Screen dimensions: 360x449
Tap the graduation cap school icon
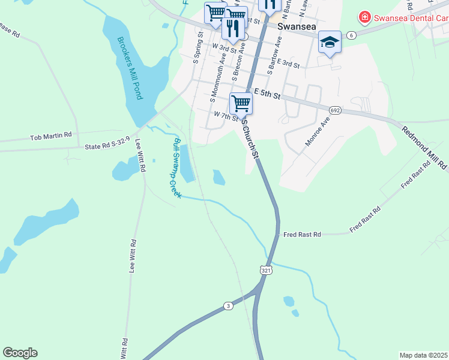pyautogui.click(x=330, y=41)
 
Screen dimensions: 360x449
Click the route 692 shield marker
pyautogui.click(x=336, y=110)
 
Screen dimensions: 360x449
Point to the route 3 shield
pyautogui.click(x=228, y=306)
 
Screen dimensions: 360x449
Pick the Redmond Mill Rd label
pyautogui.click(x=424, y=147)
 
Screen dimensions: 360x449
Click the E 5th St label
pyautogui.click(x=267, y=93)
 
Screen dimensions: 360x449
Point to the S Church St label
pyautogui.click(x=250, y=139)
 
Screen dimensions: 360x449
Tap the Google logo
pyautogui.click(x=20, y=353)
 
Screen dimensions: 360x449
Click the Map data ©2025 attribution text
pyautogui.click(x=423, y=355)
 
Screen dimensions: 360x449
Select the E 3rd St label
pyautogui.click(x=285, y=63)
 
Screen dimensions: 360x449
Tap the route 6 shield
pyautogui.click(x=352, y=35)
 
